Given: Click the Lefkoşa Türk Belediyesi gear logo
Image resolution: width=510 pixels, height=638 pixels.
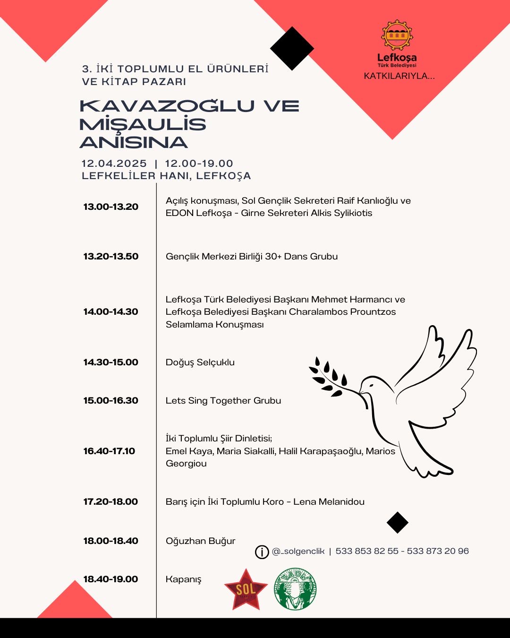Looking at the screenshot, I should click(397, 35).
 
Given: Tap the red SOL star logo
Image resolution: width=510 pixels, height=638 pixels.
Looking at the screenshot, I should click(246, 589).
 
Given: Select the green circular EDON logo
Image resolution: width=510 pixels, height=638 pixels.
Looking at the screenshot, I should click(295, 589).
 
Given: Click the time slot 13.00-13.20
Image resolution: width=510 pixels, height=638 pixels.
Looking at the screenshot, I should click(111, 207).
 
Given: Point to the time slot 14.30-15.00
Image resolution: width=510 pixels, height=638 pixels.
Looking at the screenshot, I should click(111, 362).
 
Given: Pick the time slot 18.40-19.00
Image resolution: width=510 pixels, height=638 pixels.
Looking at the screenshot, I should click(111, 579).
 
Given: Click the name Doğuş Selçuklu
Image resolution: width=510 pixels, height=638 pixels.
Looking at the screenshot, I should click(200, 362).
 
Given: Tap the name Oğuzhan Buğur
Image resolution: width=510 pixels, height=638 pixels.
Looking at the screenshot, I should click(200, 541).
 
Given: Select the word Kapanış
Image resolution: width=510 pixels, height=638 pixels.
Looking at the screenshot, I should click(183, 579).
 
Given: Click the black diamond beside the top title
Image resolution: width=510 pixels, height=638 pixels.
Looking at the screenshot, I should click(292, 48).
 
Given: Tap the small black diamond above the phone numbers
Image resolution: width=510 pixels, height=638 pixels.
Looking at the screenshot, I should click(397, 523).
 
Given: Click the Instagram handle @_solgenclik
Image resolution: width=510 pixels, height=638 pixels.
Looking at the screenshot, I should click(298, 551).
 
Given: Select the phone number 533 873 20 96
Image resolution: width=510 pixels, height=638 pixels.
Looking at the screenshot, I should click(438, 551).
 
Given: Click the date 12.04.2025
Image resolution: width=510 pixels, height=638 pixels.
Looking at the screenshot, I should click(114, 164).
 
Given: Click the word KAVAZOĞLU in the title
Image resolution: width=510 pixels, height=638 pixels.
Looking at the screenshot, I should click(167, 106).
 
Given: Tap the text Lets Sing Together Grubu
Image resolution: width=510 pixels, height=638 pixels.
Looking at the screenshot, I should click(223, 401).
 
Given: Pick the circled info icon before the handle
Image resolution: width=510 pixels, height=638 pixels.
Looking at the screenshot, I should click(262, 552).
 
